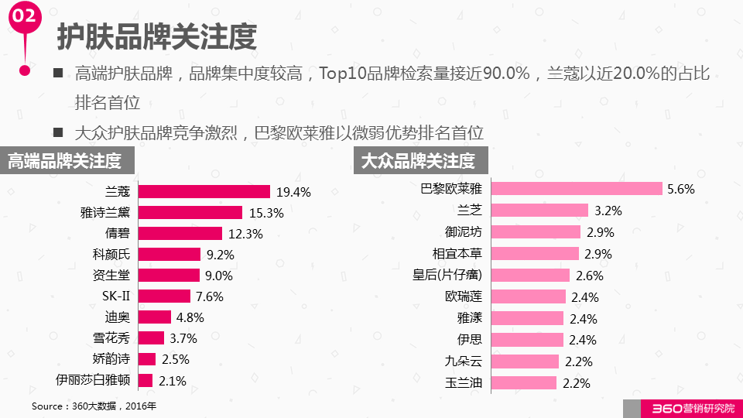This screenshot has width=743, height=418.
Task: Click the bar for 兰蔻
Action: pyautogui.click(x=204, y=191)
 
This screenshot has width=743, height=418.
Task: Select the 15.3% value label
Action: pyautogui.click(x=265, y=213)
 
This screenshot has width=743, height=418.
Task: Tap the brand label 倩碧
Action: pyautogui.click(x=117, y=234)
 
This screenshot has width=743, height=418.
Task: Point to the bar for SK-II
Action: pyautogui.click(x=163, y=296)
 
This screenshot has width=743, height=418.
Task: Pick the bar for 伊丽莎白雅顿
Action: pyautogui.click(x=145, y=380)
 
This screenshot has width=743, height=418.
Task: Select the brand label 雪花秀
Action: pyautogui.click(x=111, y=337)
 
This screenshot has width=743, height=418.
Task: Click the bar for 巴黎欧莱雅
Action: pyautogui.click(x=577, y=189)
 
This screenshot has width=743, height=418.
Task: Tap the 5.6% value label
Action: pyautogui.click(x=681, y=189)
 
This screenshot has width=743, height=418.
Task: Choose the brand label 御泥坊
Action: pyautogui.click(x=464, y=231)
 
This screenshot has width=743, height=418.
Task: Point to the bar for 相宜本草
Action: pyautogui.click(x=535, y=253)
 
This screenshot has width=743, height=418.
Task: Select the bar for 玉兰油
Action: pyautogui.click(x=524, y=382)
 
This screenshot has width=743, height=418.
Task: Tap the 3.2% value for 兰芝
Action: pyautogui.click(x=608, y=211)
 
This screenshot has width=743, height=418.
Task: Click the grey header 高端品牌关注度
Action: pyautogui.click(x=66, y=161)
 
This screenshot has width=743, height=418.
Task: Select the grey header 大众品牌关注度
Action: pyautogui.click(x=418, y=161)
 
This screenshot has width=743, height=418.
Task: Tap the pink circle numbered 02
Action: pyautogui.click(x=25, y=17)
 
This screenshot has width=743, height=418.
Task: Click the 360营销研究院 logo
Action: pyautogui.click(x=681, y=408)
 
